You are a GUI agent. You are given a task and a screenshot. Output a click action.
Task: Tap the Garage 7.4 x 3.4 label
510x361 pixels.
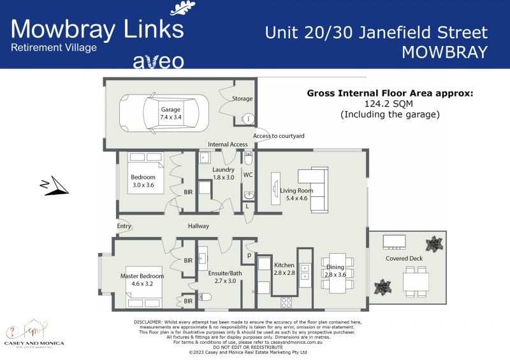point(170,113)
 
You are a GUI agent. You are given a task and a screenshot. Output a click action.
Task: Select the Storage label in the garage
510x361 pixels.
point(242,99)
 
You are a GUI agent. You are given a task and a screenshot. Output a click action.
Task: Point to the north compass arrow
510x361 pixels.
point(54,187)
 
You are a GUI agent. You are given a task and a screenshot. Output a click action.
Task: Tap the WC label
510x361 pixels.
point(249,174)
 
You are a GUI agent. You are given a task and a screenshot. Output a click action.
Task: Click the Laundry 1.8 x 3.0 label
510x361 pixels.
point(223,174)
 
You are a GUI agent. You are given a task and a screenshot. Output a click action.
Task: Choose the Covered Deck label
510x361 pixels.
point(403,259)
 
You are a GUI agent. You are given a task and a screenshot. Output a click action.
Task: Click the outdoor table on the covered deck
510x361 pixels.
point(416,281)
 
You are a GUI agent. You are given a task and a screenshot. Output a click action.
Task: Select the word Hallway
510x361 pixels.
point(198,226)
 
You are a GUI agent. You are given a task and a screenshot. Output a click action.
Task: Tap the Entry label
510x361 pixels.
point(124,226)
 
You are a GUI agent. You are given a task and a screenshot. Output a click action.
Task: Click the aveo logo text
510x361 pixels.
point(158,61)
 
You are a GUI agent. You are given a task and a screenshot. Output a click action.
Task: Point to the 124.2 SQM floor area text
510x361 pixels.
point(390,104)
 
